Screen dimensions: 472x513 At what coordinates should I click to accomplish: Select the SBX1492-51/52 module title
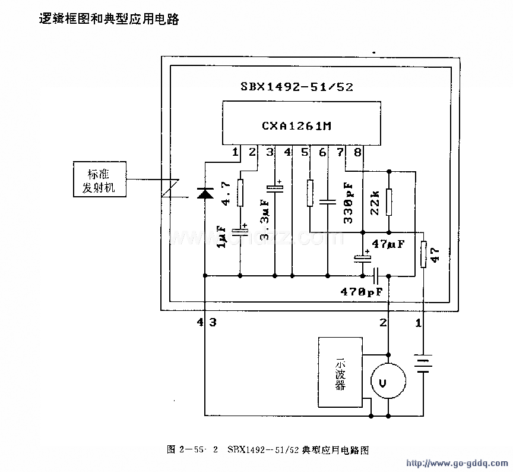tap(296, 86)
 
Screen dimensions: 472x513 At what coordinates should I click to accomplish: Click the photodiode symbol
tap(205, 193)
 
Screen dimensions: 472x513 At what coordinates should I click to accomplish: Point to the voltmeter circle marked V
tap(388, 381)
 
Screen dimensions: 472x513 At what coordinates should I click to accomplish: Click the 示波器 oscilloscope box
tap(340, 372)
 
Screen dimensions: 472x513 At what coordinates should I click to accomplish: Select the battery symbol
tap(423, 364)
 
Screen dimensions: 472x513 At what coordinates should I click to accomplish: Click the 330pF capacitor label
tap(349, 202)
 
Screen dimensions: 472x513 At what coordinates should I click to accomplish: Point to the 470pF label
tap(362, 292)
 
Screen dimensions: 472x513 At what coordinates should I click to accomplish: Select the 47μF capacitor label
tap(388, 244)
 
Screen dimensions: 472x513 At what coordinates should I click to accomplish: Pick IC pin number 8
tap(357, 152)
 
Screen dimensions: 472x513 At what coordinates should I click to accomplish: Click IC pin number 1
tap(235, 152)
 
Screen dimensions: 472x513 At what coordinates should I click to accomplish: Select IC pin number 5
tap(305, 152)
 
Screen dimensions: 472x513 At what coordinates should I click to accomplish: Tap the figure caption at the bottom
tap(268, 450)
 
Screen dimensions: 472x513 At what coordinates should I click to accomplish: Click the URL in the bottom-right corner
tap(455, 462)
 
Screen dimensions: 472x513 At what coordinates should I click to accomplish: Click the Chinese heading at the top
tap(108, 19)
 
